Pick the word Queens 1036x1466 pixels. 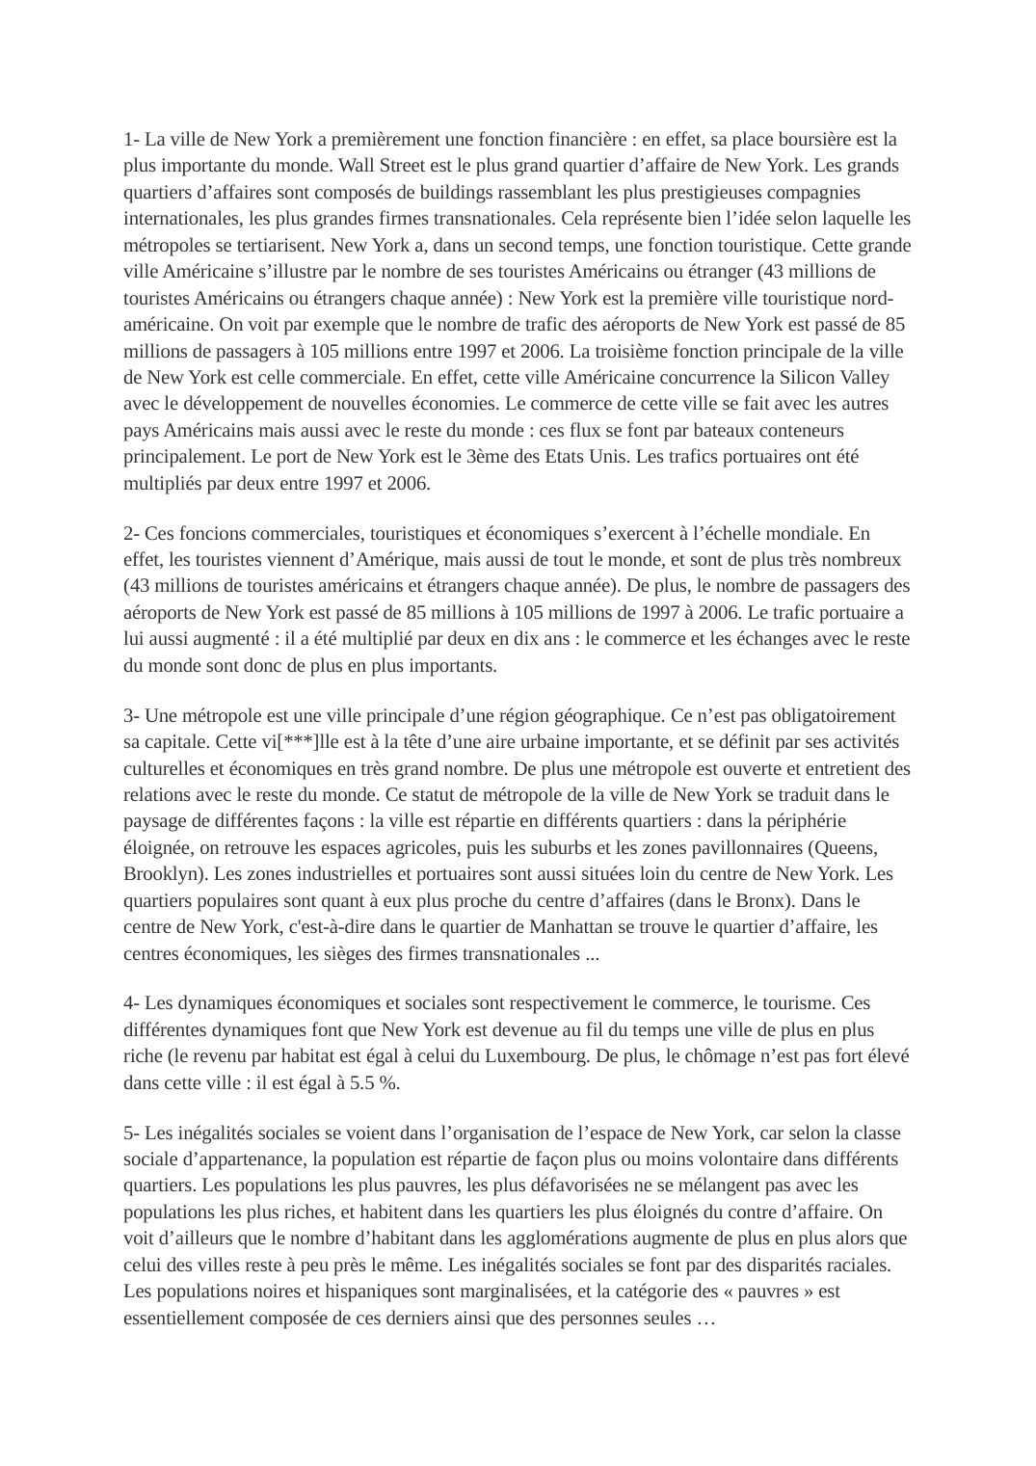click(844, 848)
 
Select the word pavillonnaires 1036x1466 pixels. click(744, 848)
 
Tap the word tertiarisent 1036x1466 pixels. click(279, 245)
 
